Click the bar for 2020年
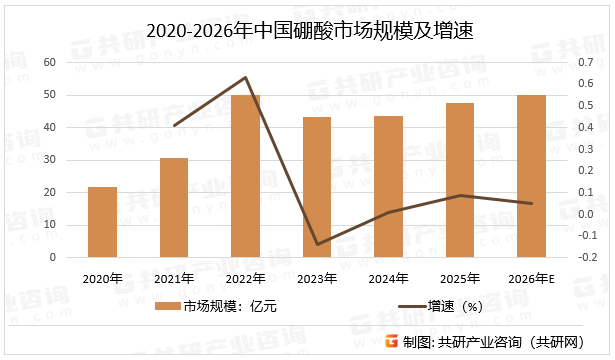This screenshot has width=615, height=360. click(x=102, y=222)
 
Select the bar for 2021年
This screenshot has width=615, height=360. click(x=174, y=208)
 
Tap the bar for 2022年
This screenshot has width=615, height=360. click(x=246, y=176)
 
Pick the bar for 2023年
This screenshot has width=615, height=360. click(x=317, y=187)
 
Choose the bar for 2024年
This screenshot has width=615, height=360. click(x=389, y=186)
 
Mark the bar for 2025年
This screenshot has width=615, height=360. click(x=460, y=180)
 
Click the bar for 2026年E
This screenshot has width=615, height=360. click(x=532, y=176)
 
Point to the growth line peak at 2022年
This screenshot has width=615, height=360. click(x=246, y=77)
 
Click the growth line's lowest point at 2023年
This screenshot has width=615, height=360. click(x=317, y=244)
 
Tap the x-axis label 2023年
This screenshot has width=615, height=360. click(x=317, y=278)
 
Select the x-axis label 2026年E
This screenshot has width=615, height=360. click(x=532, y=278)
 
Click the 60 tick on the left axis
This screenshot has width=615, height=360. click(x=50, y=62)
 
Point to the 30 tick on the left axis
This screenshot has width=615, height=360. click(x=50, y=160)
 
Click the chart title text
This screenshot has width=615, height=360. click(x=308, y=31)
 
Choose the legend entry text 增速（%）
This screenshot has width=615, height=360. click(x=455, y=307)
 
